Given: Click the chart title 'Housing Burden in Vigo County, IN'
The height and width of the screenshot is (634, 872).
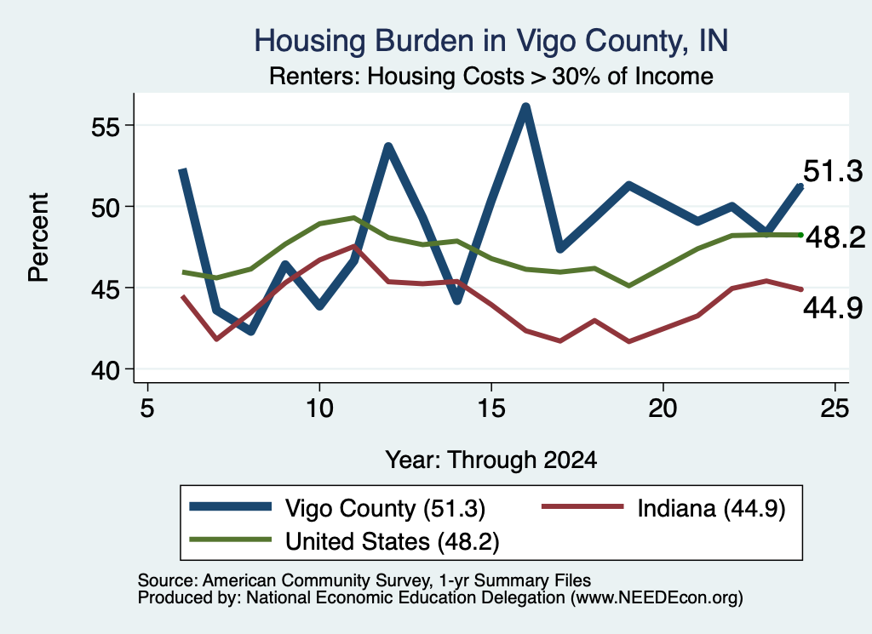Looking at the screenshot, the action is (x=491, y=41).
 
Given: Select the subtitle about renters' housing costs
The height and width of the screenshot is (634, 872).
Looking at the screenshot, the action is (x=491, y=76).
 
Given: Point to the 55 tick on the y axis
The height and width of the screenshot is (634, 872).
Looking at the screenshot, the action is (x=106, y=128).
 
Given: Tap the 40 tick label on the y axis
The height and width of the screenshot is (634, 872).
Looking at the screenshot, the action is (x=106, y=370).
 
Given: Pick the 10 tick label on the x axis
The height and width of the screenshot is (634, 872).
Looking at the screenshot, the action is (x=319, y=408).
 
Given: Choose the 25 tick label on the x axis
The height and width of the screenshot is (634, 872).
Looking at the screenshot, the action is (x=835, y=408).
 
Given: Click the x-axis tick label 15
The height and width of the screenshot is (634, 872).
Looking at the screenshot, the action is (x=491, y=408).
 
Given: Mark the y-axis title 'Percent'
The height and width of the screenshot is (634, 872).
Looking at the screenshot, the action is (x=38, y=237).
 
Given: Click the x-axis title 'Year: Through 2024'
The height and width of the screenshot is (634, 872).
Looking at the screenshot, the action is (x=491, y=460).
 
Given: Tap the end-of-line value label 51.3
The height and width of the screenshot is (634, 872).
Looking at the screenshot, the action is (x=833, y=171).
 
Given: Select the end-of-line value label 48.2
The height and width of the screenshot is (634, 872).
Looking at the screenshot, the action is (x=835, y=237).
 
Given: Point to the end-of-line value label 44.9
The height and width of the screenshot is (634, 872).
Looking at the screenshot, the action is (x=833, y=308).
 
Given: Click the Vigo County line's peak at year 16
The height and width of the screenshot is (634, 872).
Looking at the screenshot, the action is (x=525, y=106).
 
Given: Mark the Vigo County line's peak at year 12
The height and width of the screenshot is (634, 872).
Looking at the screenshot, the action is (x=388, y=146).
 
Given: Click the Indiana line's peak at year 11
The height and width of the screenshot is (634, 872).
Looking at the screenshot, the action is (x=353, y=245).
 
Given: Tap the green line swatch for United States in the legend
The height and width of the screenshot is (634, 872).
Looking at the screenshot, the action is (x=230, y=540).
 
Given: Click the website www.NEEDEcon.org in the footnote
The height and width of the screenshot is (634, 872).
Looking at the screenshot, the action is (x=657, y=598).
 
